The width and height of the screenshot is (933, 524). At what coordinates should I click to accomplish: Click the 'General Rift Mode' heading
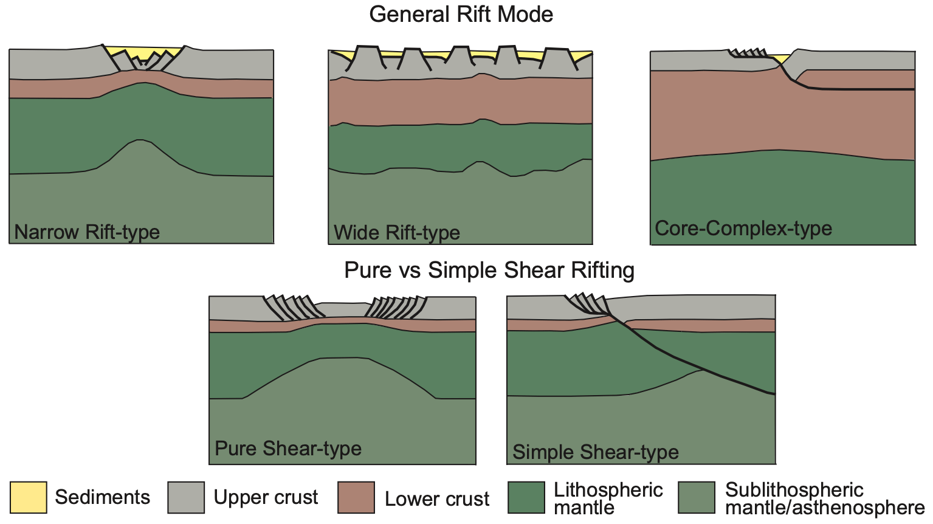tap(461, 14)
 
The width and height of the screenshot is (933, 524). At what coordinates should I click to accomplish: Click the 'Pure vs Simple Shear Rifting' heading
tap(489, 270)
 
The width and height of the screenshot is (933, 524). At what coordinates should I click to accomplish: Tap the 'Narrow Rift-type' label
tap(87, 232)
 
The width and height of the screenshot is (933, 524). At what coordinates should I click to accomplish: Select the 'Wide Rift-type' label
tap(396, 233)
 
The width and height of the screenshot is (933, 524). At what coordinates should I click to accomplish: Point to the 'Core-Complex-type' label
tap(743, 229)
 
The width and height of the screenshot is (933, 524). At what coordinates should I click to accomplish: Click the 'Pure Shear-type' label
tap(287, 449)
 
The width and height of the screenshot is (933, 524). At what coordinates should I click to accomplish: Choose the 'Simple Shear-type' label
tap(595, 452)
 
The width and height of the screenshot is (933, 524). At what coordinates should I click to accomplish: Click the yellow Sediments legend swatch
tap(28, 497)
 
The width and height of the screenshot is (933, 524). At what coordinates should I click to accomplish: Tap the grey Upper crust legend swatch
tap(186, 497)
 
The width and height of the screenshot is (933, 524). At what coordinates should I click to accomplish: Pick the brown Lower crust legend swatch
tap(356, 497)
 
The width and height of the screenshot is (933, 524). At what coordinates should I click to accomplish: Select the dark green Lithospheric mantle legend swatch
tap(526, 497)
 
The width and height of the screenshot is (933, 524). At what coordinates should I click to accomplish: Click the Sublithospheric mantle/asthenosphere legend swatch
tap(697, 497)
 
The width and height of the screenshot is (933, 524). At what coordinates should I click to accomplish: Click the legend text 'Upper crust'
tap(266, 497)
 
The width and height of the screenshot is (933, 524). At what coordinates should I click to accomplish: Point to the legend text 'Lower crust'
tap(436, 499)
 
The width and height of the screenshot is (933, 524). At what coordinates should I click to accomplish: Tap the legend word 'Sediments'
tap(102, 497)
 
